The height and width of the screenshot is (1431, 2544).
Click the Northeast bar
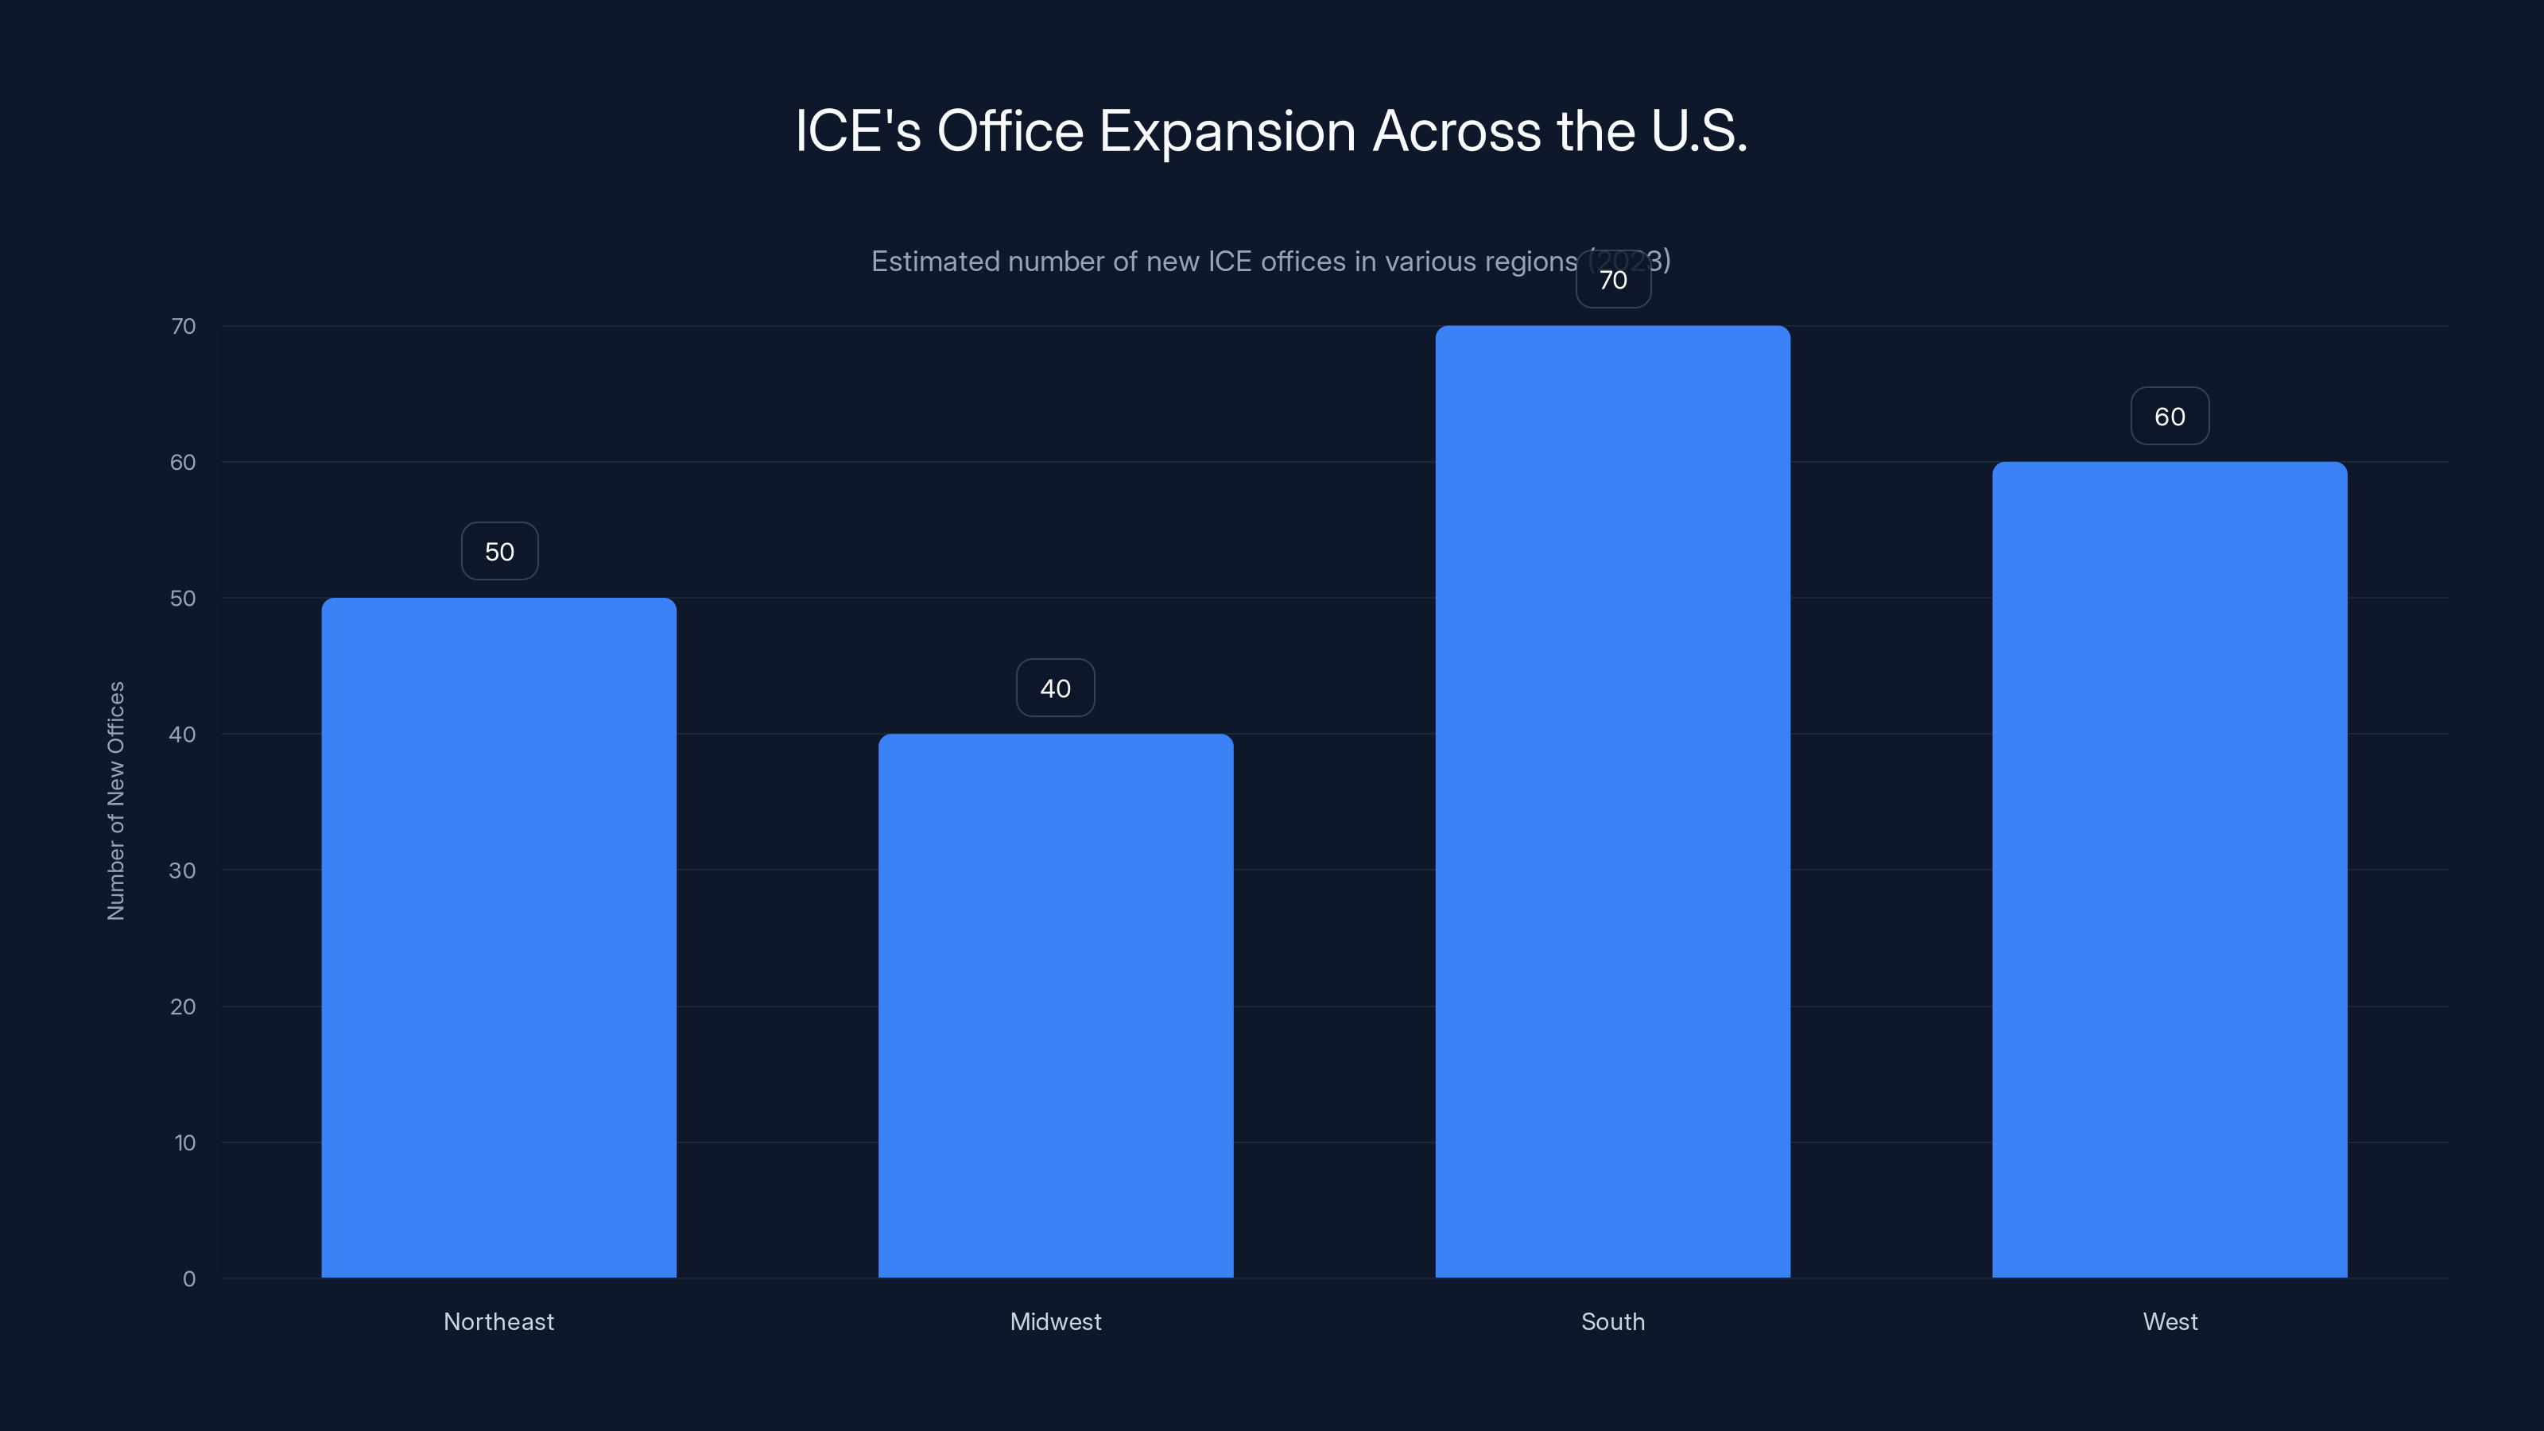(x=498, y=937)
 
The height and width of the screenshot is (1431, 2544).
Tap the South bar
(x=1613, y=801)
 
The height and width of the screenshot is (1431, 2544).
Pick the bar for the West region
(x=2170, y=869)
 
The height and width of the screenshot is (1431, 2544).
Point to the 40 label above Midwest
(x=1056, y=688)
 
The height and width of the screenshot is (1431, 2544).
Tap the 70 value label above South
(x=1613, y=281)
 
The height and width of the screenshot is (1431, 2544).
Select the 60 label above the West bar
(x=2170, y=417)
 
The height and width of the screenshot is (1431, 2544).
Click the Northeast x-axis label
(x=498, y=1321)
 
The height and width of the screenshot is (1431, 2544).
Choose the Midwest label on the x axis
(x=1056, y=1321)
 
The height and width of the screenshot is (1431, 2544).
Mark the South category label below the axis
(x=1613, y=1321)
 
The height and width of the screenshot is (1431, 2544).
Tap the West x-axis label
(x=2170, y=1321)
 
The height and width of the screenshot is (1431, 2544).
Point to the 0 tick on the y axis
(x=188, y=1279)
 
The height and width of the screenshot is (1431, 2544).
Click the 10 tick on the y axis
(x=184, y=1142)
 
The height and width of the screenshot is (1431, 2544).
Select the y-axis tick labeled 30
(x=183, y=870)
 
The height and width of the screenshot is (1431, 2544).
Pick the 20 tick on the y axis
(x=183, y=1006)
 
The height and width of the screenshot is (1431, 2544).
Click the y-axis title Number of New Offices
(x=117, y=800)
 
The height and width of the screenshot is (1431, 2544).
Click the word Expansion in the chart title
(x=1227, y=131)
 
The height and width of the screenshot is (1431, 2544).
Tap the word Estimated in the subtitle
(x=934, y=262)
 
